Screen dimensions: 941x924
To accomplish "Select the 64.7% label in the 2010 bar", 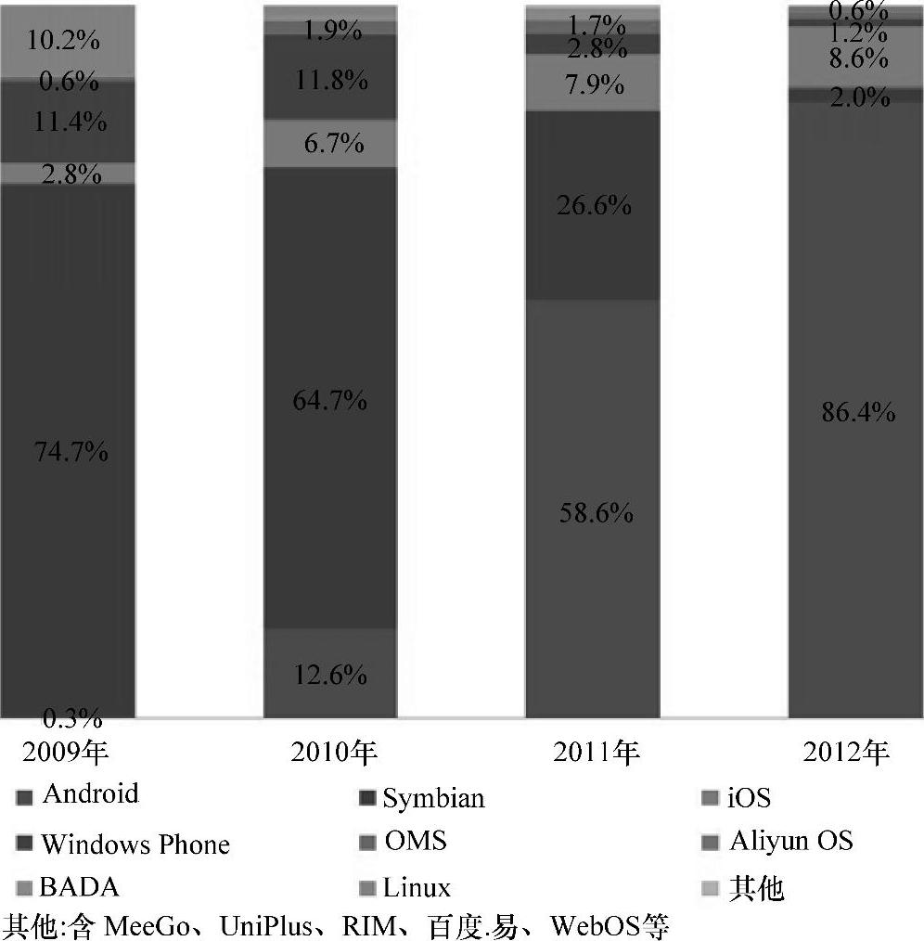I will tap(329, 401).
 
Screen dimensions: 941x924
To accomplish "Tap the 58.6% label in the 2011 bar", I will tap(593, 511).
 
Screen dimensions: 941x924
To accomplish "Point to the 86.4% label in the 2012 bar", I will tap(856, 412).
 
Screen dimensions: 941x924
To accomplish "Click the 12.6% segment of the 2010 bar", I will tap(329, 675).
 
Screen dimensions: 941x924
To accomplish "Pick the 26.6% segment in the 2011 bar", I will tap(593, 205).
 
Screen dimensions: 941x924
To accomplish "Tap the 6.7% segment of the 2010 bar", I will tap(329, 143).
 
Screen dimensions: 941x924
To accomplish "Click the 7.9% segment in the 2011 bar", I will tap(593, 84).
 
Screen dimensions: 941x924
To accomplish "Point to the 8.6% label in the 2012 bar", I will tap(856, 59).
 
